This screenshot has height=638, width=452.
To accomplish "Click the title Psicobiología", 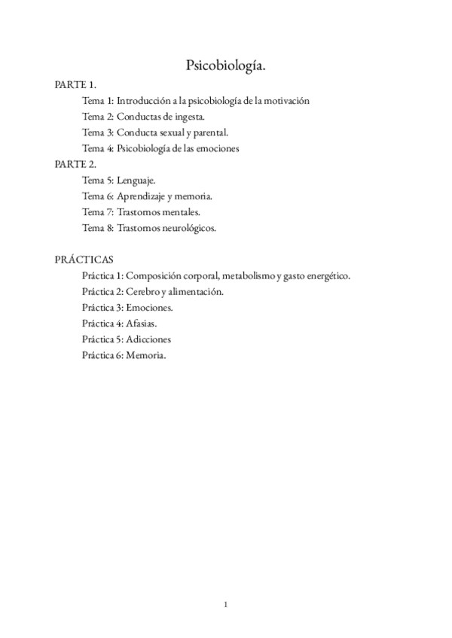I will point(226,66).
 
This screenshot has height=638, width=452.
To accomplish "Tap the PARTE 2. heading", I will point(75,164).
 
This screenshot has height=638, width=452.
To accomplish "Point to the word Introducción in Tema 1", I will point(143,100).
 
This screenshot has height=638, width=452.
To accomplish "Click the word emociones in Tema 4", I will point(215,148).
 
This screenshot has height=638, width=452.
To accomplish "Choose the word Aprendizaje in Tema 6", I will point(142,196).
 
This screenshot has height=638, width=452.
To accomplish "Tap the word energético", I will point(327,275).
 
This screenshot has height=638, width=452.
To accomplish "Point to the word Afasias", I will point(142,324).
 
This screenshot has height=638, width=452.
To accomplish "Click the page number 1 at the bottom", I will point(226,603).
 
